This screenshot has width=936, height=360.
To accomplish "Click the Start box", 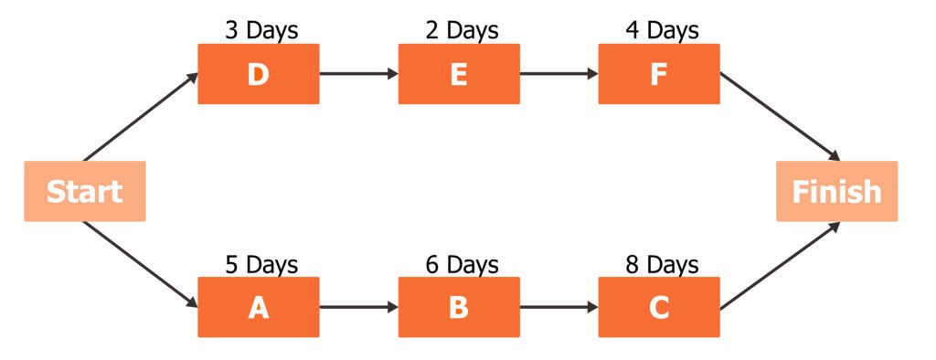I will [84, 191].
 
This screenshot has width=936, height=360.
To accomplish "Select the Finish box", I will [836, 191].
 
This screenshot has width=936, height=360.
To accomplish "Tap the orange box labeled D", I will [259, 74].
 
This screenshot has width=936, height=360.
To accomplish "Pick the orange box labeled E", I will [459, 74].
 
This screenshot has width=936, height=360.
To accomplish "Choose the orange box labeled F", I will [659, 74].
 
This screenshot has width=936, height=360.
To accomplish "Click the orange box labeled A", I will [259, 308].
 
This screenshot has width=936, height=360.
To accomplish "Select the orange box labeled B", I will [459, 308].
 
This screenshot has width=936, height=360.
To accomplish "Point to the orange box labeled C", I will [659, 308].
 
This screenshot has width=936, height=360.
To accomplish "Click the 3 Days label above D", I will [261, 30].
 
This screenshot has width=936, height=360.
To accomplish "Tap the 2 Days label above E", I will [462, 30].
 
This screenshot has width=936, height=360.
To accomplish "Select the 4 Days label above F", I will [662, 30].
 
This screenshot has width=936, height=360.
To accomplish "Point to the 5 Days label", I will [261, 265].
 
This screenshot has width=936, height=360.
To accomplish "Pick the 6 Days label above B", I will [462, 265].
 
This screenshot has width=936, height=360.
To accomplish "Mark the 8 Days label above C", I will [662, 265].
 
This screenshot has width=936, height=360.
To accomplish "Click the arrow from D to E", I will [358, 74].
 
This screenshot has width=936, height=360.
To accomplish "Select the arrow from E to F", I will [558, 74].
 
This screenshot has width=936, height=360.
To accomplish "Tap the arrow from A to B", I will [358, 308].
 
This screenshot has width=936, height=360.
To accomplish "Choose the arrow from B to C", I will [558, 308].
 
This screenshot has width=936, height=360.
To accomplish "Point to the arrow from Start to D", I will [140, 116].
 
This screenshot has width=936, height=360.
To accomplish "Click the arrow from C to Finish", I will [780, 265].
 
